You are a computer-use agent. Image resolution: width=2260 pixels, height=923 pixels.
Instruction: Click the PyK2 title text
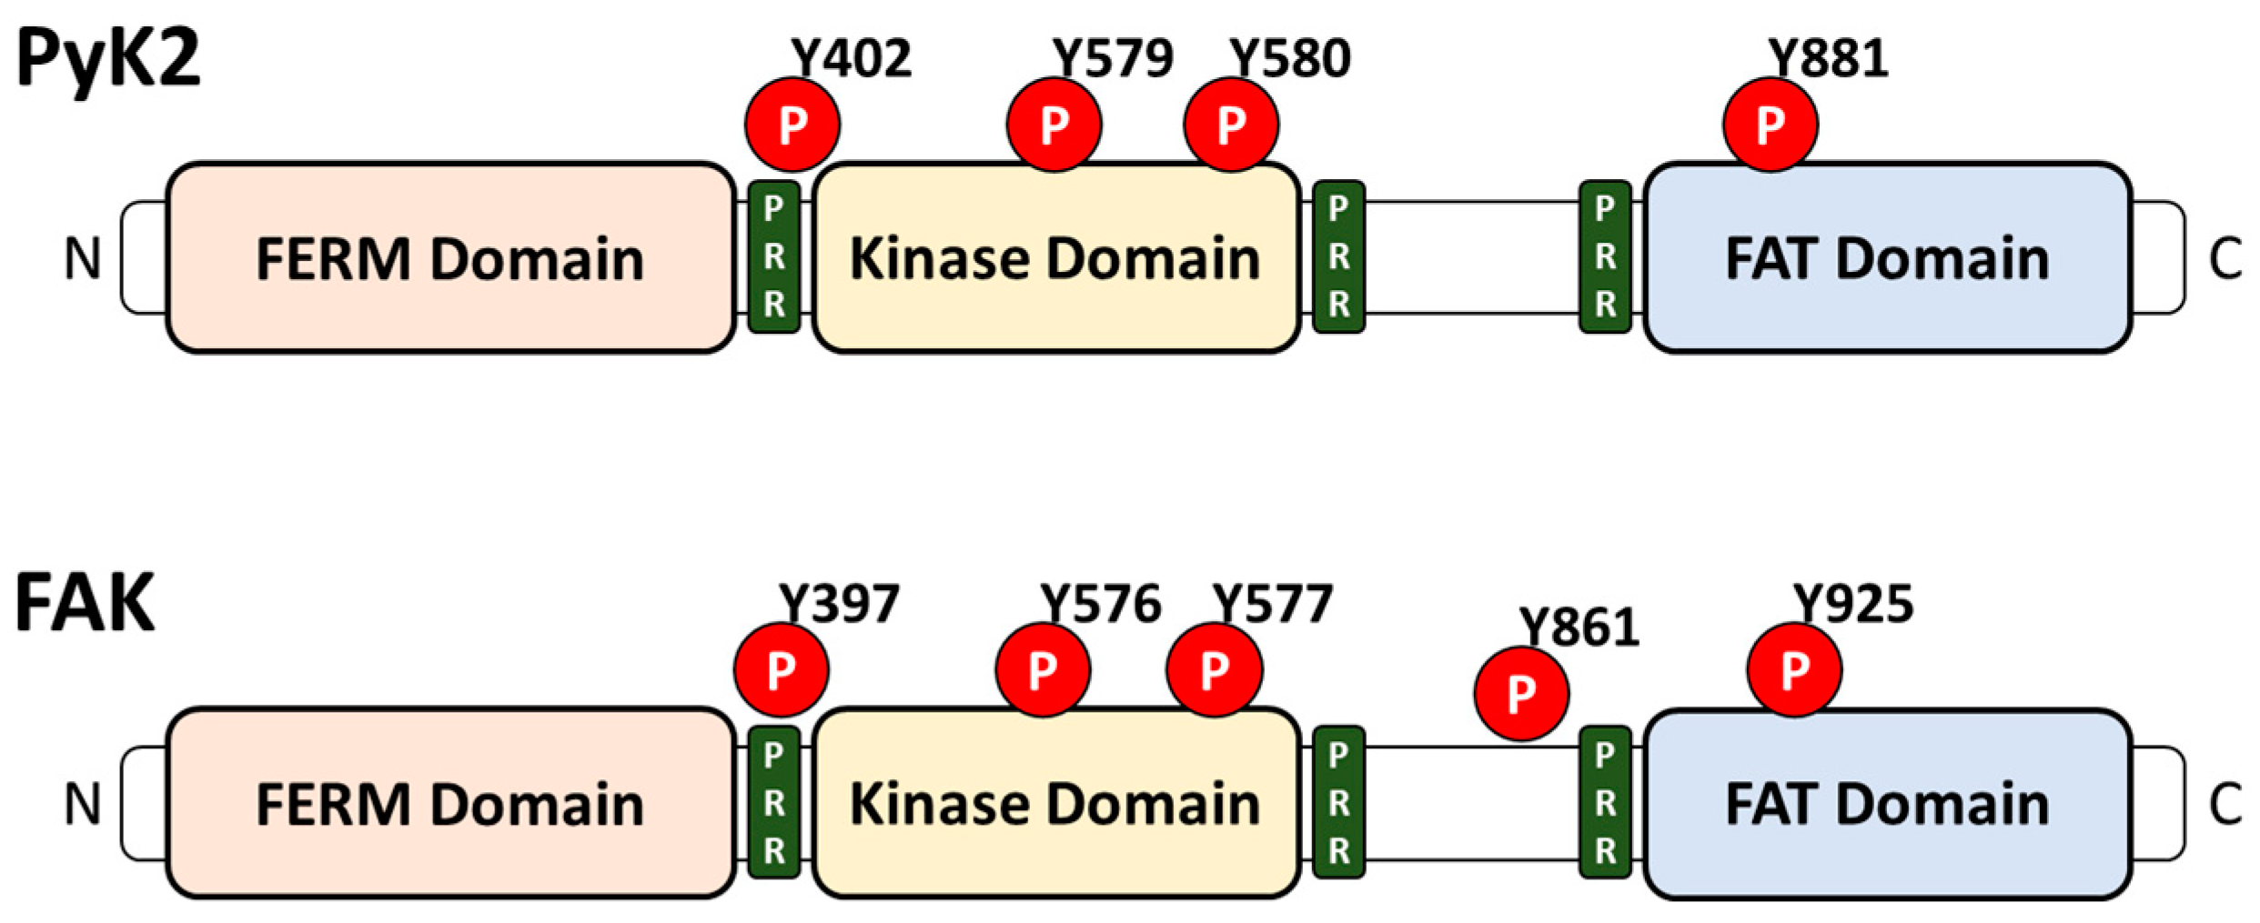click(107, 59)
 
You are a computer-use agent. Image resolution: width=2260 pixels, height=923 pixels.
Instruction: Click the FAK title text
click(85, 603)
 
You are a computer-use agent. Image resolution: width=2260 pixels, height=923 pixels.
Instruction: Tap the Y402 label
click(851, 59)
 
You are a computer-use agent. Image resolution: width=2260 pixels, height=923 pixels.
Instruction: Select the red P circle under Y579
click(1054, 125)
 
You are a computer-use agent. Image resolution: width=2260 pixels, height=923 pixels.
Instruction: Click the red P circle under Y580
click(1230, 125)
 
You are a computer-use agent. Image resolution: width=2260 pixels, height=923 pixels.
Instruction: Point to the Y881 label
click(1828, 59)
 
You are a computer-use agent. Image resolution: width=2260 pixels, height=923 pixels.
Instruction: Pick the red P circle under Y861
click(1520, 694)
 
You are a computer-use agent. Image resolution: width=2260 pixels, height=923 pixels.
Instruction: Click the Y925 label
click(1852, 604)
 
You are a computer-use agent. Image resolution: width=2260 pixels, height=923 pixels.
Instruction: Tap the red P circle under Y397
click(781, 670)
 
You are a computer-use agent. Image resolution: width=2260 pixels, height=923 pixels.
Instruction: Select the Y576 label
click(1100, 604)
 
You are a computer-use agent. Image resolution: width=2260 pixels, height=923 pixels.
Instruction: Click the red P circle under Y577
click(1214, 670)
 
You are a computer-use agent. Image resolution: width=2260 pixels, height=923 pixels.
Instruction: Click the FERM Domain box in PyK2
click(449, 258)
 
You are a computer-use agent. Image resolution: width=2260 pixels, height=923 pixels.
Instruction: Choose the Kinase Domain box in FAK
click(1055, 804)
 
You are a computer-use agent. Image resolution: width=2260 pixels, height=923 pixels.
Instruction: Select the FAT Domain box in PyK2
click(1887, 258)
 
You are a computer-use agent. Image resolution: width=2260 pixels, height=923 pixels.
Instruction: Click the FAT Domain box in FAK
click(1887, 804)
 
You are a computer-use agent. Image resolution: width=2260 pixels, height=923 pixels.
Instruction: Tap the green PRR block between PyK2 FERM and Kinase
click(773, 257)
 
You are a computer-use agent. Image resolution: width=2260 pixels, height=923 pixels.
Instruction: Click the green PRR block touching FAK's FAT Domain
click(1605, 802)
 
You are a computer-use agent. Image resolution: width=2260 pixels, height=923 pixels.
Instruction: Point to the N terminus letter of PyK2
click(82, 258)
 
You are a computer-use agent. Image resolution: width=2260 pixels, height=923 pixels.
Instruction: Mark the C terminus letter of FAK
click(2225, 804)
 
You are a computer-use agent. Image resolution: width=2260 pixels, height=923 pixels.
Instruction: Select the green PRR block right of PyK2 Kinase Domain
click(1338, 257)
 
